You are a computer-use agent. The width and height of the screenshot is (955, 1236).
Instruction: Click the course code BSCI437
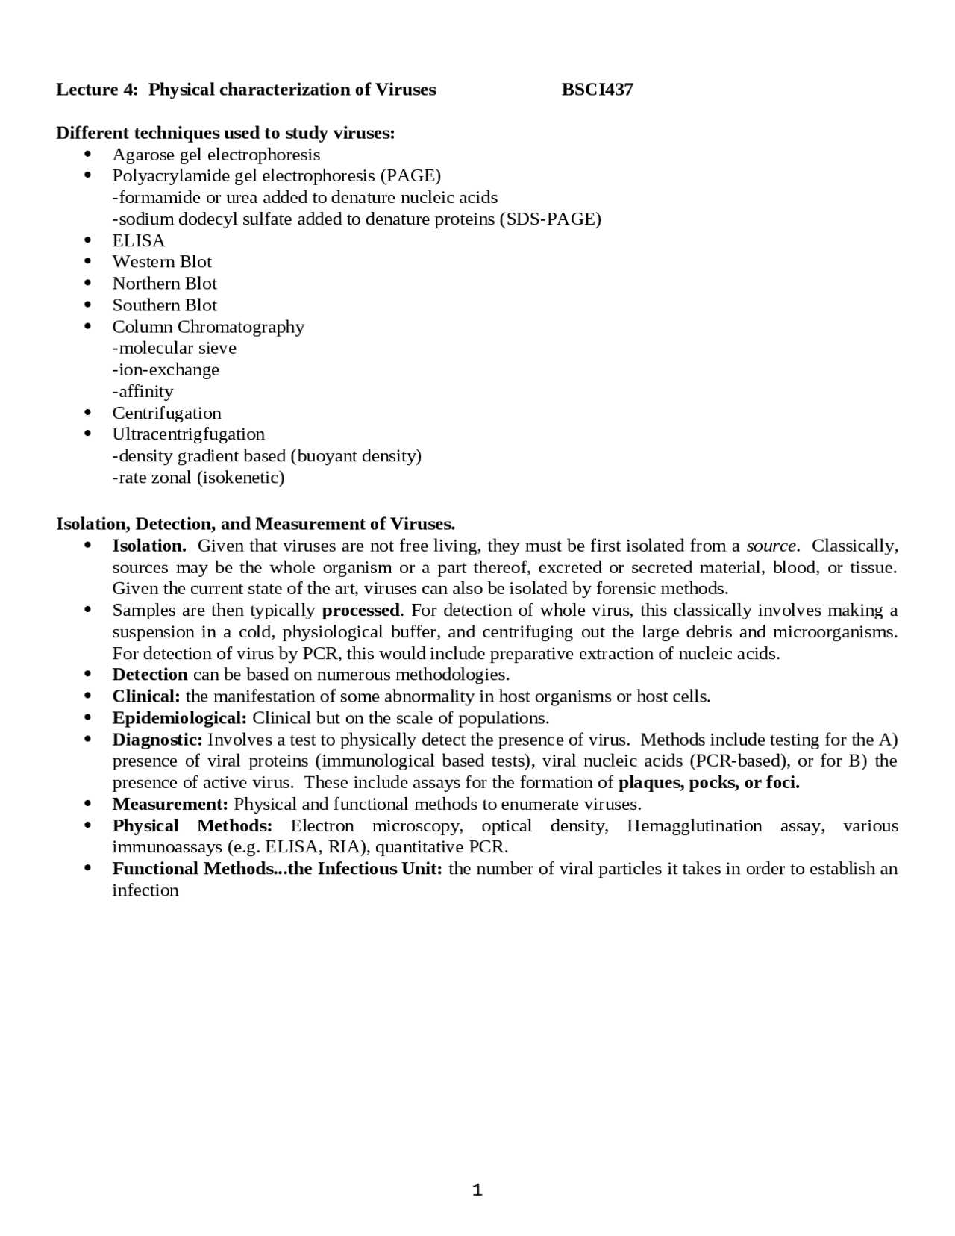tap(597, 90)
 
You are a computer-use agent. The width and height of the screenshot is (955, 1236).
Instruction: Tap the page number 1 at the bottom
tap(477, 1190)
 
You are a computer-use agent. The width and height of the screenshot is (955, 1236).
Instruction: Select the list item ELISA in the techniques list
tap(139, 240)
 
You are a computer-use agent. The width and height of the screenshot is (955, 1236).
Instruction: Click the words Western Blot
tap(162, 262)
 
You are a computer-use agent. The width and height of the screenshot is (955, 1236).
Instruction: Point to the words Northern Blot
tap(164, 284)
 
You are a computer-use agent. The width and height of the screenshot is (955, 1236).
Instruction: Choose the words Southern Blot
tap(164, 305)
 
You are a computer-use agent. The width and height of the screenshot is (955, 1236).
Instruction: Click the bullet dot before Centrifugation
tap(88, 413)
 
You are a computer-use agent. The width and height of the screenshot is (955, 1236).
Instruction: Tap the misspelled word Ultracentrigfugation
tap(188, 434)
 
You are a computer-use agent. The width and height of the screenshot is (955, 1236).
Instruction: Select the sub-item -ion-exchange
tap(166, 369)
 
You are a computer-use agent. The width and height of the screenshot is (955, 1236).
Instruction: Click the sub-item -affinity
tap(143, 391)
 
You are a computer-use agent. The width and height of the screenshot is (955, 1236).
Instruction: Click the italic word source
tap(771, 546)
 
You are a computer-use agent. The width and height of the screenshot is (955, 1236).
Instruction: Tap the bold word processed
tap(361, 611)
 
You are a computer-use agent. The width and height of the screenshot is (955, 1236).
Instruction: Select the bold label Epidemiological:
tap(179, 718)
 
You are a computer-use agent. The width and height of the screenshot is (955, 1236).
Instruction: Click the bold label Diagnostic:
tap(157, 740)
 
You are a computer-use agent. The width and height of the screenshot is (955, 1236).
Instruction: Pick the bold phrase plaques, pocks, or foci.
tap(709, 783)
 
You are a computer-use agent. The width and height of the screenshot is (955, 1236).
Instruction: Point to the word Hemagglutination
tap(694, 826)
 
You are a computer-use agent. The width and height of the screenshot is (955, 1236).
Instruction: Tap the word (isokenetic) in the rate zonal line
tap(241, 478)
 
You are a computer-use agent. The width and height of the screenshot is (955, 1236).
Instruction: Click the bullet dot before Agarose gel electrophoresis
tap(88, 154)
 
